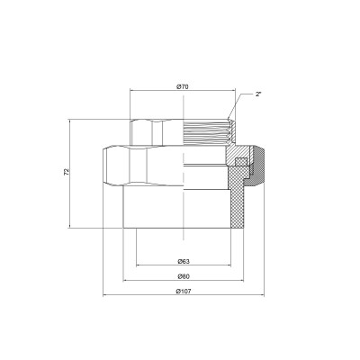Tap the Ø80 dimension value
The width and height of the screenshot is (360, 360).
click(x=183, y=276)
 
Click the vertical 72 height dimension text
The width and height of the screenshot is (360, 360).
click(x=67, y=170)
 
